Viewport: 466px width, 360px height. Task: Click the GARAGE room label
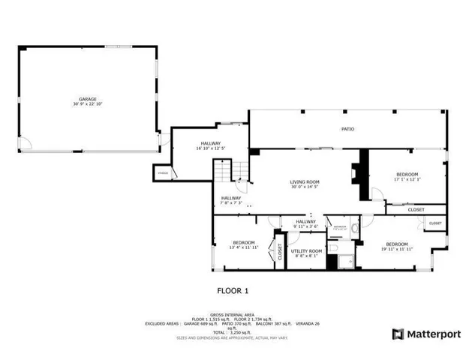coord(89,100)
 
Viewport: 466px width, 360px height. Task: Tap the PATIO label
coord(347,129)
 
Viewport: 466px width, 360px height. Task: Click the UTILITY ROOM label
coord(306,253)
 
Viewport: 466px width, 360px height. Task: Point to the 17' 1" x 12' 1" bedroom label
coord(407,176)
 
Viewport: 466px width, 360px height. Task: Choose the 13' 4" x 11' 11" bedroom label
coord(243,244)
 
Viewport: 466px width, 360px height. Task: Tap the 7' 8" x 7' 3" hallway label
coord(231,200)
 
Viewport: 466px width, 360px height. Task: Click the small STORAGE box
coord(163,174)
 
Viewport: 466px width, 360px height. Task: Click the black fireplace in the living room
coord(364,175)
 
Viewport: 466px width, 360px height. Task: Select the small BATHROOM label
coord(340,227)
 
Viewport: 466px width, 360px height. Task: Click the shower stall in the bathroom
coord(346,260)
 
